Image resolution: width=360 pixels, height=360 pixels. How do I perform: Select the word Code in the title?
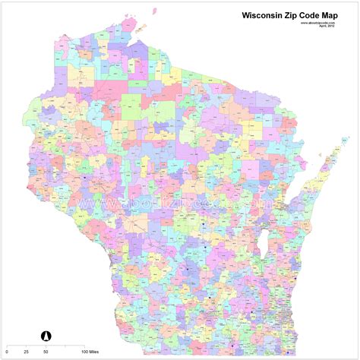point(321,14)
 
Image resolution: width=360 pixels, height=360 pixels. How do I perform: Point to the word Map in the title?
point(343,14)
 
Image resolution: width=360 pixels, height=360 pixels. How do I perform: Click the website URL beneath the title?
point(318,22)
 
